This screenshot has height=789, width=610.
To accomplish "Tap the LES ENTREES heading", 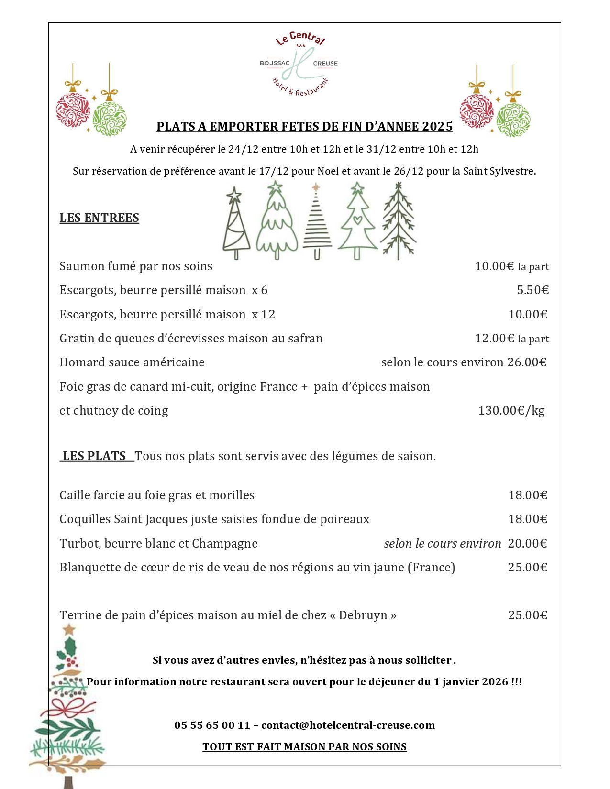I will (x=99, y=218).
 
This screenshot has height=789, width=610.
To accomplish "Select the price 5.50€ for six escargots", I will (x=532, y=290).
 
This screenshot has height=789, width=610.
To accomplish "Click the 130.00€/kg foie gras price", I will (x=511, y=411).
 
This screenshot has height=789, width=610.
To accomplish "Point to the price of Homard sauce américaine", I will (x=527, y=362).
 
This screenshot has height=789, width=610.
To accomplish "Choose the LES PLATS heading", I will (x=94, y=456).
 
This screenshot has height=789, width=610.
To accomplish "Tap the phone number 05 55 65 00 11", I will (x=212, y=725).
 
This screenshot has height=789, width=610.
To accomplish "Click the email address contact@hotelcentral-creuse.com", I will (x=348, y=725).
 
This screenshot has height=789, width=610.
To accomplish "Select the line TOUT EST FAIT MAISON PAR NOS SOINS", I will (x=304, y=747).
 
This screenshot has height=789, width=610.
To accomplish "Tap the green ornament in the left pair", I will (x=110, y=118).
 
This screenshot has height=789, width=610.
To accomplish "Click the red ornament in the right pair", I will (x=476, y=111).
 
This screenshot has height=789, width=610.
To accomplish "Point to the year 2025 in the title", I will (x=437, y=127).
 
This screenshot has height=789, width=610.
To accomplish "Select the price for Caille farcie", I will (x=527, y=495).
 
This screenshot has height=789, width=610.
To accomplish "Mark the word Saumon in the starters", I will (x=77, y=266).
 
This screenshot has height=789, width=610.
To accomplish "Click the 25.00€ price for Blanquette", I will (x=527, y=568).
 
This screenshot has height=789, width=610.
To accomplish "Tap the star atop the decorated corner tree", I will (x=69, y=629).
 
